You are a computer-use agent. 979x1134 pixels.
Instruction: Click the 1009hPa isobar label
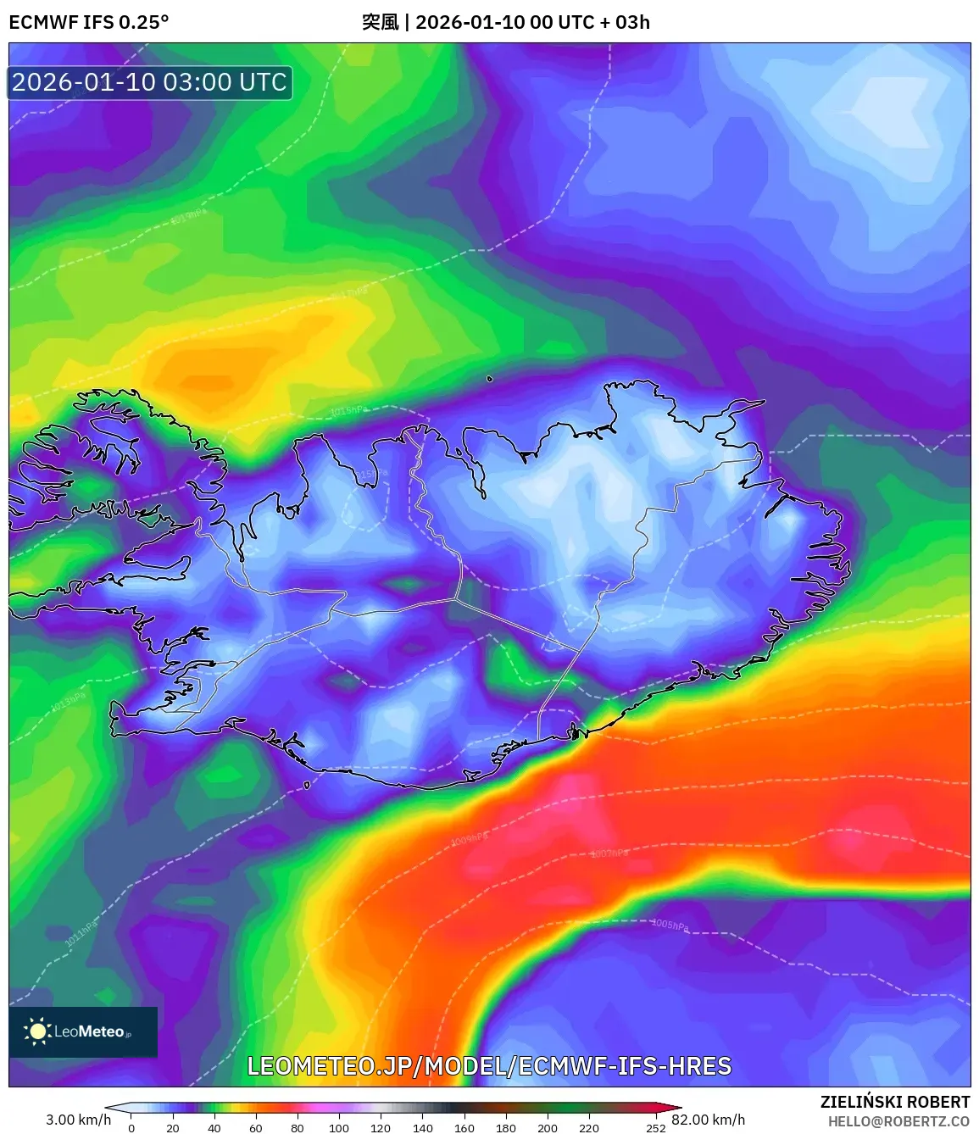coord(468,839)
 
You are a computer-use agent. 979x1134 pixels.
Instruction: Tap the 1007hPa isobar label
coord(609,853)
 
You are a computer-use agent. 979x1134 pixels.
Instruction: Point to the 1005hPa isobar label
coord(670,925)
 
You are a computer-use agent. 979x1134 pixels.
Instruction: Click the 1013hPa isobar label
coord(68,701)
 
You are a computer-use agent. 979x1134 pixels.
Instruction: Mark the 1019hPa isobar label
coord(188,217)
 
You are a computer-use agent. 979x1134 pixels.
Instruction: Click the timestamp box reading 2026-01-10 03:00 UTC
coord(150,83)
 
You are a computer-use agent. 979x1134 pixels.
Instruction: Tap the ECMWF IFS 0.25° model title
coord(89,22)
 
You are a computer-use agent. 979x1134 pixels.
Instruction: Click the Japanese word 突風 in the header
coord(380,22)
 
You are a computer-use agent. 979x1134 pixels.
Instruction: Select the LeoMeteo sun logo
coord(37,1031)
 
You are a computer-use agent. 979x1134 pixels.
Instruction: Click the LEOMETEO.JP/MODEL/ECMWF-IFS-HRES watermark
coord(489,1066)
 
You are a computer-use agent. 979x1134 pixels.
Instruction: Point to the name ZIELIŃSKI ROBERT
coord(894,1102)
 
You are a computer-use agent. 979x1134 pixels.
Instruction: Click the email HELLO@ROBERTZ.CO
coord(898,1121)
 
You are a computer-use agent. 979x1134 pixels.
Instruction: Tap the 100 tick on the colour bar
coord(339,1128)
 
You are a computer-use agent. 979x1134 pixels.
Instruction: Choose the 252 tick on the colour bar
coord(656,1128)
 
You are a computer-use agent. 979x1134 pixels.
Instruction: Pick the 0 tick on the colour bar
coord(131,1128)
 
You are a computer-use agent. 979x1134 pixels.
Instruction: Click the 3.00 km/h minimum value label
coord(78,1120)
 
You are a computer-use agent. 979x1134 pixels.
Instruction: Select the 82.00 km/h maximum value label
coord(709,1120)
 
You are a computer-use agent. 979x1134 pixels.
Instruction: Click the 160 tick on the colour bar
coord(464,1128)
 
